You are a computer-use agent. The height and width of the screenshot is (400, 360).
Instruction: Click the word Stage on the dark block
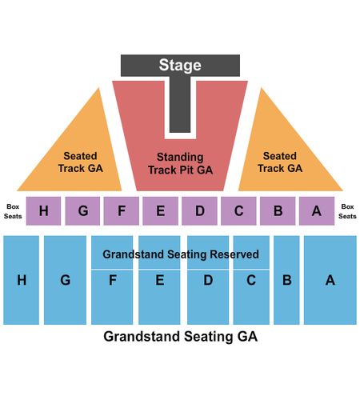pos(180,66)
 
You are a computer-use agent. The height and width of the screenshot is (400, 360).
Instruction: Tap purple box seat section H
pos(43,211)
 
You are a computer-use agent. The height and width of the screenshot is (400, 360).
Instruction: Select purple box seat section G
pos(82,211)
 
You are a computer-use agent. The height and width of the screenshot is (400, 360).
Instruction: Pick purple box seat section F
pos(122,211)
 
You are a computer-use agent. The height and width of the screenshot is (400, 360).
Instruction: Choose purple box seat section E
pos(160,211)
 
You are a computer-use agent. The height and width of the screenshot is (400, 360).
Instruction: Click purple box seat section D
pos(199,211)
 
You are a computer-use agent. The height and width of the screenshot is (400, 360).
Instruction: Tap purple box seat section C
pos(238,211)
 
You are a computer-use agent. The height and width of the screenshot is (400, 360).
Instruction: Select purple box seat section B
pos(278,211)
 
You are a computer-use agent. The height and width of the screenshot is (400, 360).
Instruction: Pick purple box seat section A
pos(317,211)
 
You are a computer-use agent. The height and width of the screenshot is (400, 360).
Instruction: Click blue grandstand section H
pos(22,280)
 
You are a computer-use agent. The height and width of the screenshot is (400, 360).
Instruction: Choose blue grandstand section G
pos(65,280)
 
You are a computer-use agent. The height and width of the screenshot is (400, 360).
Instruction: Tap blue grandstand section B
pos(286,280)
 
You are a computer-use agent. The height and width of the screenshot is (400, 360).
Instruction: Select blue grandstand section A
pos(330,280)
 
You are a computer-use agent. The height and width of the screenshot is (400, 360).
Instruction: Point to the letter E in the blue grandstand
pos(160,280)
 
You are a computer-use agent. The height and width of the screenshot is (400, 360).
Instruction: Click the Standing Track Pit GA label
pos(180,163)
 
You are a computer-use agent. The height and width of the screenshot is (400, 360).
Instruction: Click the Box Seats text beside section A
pos(347,211)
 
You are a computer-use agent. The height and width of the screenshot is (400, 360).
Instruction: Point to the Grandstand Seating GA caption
pos(181,336)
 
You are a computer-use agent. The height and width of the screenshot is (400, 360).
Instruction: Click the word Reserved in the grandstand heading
pos(234,254)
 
